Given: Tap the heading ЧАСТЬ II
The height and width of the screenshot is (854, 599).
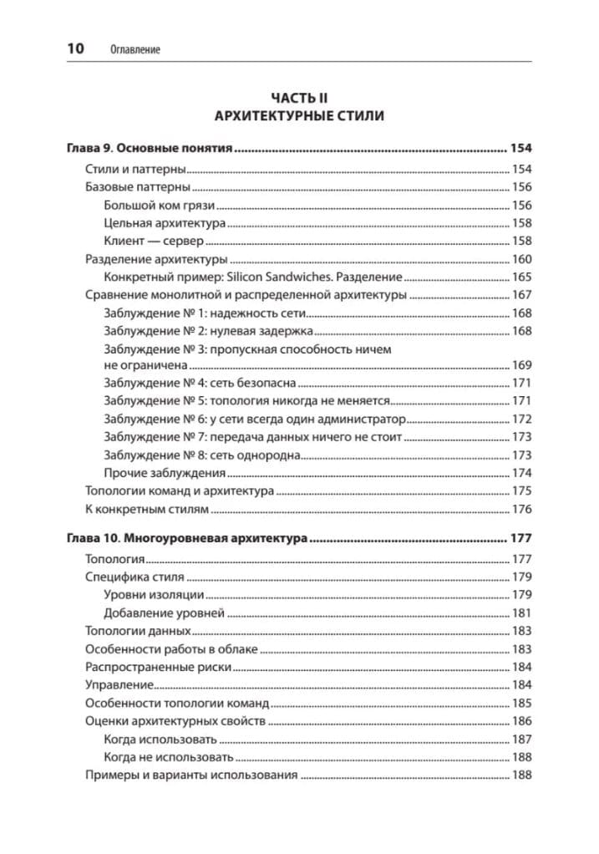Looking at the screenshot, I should tap(299, 98).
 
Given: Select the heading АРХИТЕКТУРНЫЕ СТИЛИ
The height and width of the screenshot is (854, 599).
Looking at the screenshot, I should tap(299, 116).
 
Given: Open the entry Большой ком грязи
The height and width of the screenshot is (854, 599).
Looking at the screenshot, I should tap(160, 206).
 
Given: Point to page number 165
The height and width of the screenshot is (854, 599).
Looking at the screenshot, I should tap(522, 277).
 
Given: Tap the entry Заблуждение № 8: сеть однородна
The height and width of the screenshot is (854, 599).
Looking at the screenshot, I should tap(201, 455).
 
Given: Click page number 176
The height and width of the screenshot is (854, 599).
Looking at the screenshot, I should tap(522, 509).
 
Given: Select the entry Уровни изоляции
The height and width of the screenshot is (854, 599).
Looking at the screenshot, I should tap(154, 595).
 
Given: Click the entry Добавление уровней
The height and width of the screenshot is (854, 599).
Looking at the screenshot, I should tap(164, 613).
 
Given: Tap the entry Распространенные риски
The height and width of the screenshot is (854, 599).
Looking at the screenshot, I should tap(158, 668).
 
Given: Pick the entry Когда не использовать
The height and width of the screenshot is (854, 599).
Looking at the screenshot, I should tap(168, 757).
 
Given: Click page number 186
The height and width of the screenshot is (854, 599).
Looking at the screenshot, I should tap(522, 721).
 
